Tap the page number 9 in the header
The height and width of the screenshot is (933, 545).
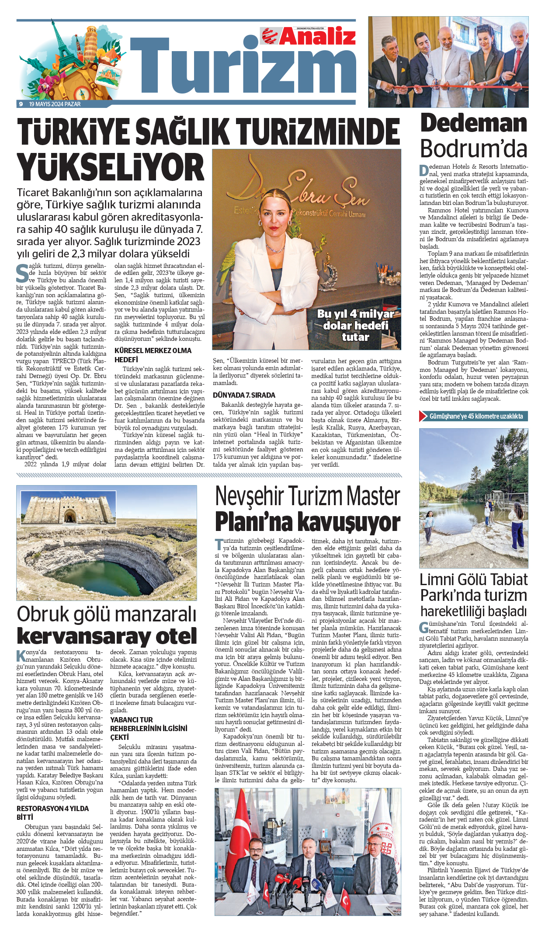(x=21, y=104)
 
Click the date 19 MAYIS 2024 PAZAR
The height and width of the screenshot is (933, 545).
(x=55, y=104)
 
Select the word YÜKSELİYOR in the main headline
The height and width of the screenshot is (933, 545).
(x=110, y=167)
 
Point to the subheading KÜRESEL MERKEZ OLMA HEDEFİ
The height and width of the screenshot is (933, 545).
(x=153, y=355)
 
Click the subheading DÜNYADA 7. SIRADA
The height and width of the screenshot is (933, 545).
(x=244, y=395)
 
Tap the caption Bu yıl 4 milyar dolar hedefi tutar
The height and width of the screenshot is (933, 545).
(x=355, y=326)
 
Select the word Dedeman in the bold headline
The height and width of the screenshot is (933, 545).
(x=474, y=124)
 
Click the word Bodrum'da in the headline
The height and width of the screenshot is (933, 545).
(x=474, y=149)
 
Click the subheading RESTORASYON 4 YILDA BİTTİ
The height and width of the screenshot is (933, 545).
(x=52, y=812)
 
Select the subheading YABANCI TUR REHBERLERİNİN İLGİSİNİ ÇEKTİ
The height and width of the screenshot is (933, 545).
(x=149, y=728)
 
